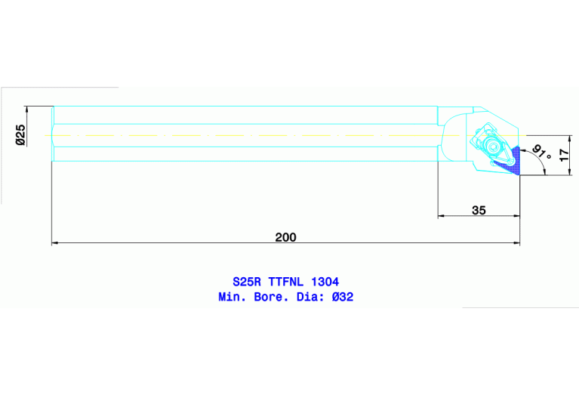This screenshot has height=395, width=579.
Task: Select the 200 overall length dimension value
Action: point(285,236)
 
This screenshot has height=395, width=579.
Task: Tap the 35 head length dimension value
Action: point(479,211)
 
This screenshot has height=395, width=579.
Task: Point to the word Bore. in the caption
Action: point(273,297)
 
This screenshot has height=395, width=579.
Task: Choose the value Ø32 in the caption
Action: point(342,297)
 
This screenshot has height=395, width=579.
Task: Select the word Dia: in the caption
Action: point(311,297)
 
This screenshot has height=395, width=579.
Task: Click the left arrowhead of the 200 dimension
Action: point(55,243)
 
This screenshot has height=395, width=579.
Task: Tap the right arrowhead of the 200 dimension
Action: point(517,243)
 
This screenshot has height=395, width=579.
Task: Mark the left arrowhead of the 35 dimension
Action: point(442,217)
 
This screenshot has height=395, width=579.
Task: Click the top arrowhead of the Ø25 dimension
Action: point(26,109)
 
